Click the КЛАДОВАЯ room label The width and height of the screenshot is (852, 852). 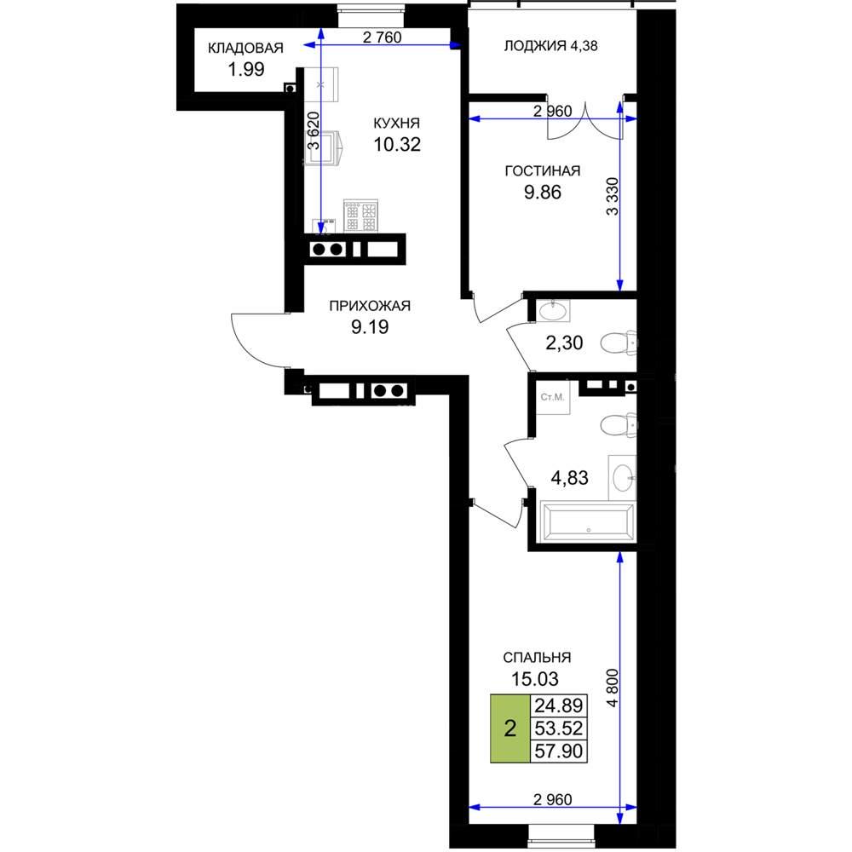click(x=245, y=48)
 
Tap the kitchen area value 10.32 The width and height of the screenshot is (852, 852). click(x=397, y=145)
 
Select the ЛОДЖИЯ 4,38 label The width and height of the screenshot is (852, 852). click(x=550, y=46)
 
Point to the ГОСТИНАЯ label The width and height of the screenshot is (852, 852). click(x=542, y=171)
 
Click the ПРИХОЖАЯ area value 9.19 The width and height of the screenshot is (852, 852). click(x=370, y=327)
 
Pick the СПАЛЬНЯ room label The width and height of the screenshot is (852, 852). click(x=537, y=658)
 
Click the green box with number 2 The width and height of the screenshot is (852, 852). click(x=510, y=728)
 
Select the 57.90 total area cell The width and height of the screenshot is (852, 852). click(x=559, y=751)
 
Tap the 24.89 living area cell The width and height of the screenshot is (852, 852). click(x=559, y=705)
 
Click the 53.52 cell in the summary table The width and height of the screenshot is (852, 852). click(x=559, y=728)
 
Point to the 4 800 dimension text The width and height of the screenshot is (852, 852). click(x=613, y=688)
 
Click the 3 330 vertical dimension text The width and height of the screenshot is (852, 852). click(x=613, y=196)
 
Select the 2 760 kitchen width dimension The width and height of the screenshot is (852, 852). click(x=382, y=37)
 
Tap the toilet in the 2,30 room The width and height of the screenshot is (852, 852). click(x=619, y=343)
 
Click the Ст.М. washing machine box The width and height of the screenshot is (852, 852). click(x=553, y=397)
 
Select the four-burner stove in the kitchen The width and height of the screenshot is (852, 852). click(x=360, y=216)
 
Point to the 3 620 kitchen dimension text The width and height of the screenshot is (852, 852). click(x=314, y=130)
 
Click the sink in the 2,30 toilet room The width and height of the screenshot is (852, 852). click(x=554, y=311)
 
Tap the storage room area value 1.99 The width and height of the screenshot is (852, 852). click(x=246, y=70)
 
